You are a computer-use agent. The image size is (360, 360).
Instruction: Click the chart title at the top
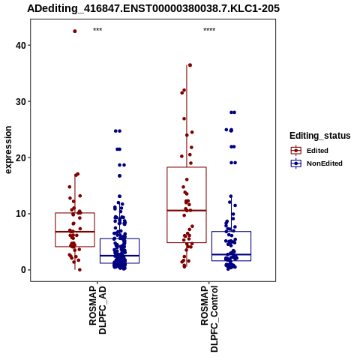click(x=153, y=9)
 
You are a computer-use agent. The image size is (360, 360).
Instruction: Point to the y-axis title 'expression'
click(x=8, y=150)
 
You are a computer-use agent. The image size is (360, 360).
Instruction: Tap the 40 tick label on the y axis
click(x=21, y=45)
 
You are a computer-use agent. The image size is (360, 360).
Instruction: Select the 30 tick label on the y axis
click(x=21, y=101)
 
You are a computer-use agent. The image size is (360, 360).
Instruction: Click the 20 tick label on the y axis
click(x=21, y=157)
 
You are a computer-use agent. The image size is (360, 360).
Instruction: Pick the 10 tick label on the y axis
click(x=21, y=214)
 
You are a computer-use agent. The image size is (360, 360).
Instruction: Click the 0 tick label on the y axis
click(x=24, y=270)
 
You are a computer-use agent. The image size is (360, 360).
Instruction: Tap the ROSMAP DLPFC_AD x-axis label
click(x=97, y=310)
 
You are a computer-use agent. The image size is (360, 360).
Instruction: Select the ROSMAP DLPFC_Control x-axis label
click(x=209, y=319)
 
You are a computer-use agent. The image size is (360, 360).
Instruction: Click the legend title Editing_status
click(x=320, y=136)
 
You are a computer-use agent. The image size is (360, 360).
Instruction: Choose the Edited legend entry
click(x=310, y=151)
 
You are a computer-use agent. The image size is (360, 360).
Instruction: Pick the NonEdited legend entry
click(x=316, y=163)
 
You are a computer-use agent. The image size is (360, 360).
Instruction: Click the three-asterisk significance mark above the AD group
click(x=97, y=30)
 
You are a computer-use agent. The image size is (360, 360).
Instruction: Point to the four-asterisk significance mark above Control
click(x=209, y=30)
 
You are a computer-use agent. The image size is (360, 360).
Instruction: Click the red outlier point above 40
click(x=75, y=31)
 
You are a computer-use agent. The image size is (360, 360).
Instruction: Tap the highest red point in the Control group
click(x=190, y=65)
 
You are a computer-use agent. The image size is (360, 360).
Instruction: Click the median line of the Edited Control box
click(x=187, y=211)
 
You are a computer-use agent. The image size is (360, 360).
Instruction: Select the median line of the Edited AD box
click(x=75, y=232)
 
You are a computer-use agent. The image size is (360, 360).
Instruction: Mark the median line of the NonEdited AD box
click(x=119, y=256)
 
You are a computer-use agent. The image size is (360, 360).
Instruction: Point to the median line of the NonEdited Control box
click(x=231, y=254)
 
